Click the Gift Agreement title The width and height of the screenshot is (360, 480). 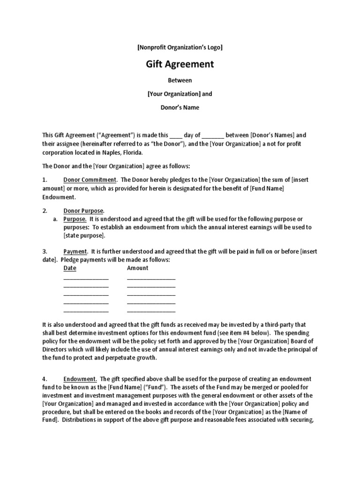[180, 64]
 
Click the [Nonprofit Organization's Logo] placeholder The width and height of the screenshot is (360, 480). [180, 47]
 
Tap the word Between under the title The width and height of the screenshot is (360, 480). [180, 80]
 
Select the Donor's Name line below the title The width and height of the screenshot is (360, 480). [180, 107]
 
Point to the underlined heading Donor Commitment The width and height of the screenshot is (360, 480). [89, 180]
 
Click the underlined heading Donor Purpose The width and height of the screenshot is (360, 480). [83, 211]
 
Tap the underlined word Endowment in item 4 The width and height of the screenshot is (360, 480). [80, 379]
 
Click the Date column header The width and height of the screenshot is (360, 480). [70, 268]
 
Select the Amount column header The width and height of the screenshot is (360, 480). [137, 268]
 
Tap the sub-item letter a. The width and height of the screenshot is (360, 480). [55, 219]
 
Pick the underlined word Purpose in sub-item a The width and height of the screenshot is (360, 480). [75, 219]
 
